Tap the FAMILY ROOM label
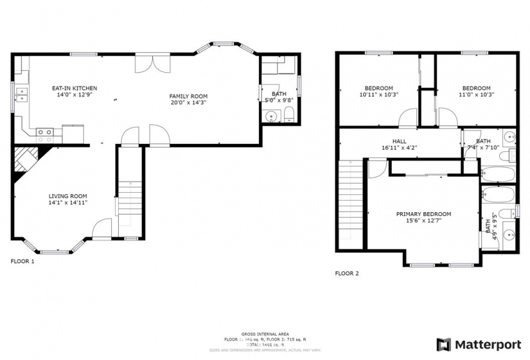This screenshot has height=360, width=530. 188,96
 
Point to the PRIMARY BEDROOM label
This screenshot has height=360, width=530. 423,214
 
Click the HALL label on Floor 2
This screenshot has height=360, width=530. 400,141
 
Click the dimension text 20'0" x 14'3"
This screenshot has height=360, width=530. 188,103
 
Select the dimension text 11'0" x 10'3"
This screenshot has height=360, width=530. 476,94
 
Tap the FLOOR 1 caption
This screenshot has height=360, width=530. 22,262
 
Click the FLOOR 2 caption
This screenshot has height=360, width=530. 347,273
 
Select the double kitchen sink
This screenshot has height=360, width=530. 23,96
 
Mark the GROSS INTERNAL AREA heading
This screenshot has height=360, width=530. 265,334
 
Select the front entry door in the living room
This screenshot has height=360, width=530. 102,230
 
